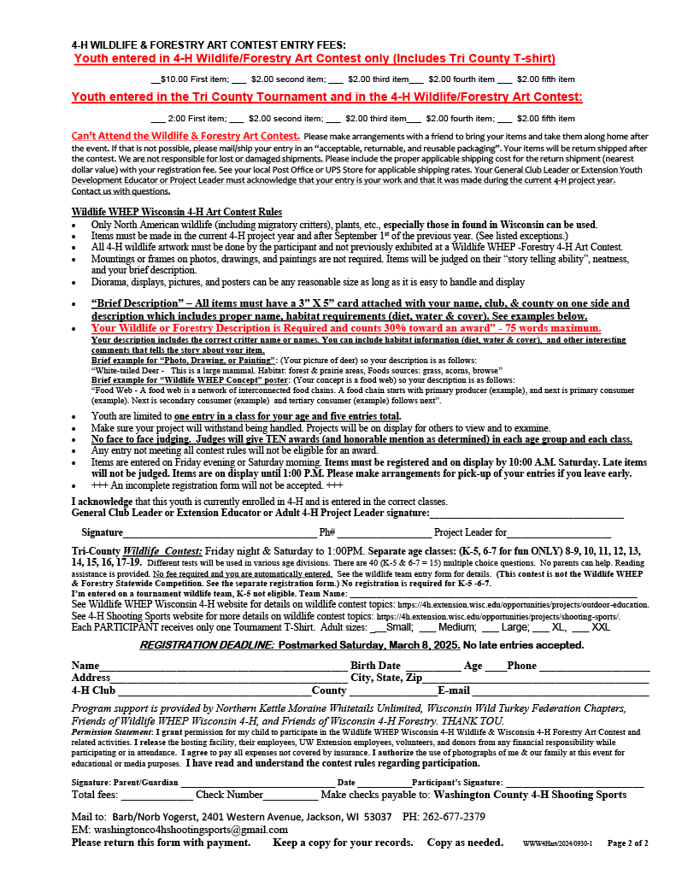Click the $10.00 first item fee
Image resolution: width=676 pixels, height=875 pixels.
point(179,79)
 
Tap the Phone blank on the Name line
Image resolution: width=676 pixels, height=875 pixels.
point(593,667)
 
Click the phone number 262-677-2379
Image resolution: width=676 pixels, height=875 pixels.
point(456,817)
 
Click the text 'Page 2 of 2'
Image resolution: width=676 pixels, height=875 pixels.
point(627,843)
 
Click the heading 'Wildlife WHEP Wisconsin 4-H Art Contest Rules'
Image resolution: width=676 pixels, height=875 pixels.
point(177,212)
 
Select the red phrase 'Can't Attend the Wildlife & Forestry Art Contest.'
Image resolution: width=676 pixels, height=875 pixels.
point(185,136)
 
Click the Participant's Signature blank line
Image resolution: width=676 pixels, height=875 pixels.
point(574,783)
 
